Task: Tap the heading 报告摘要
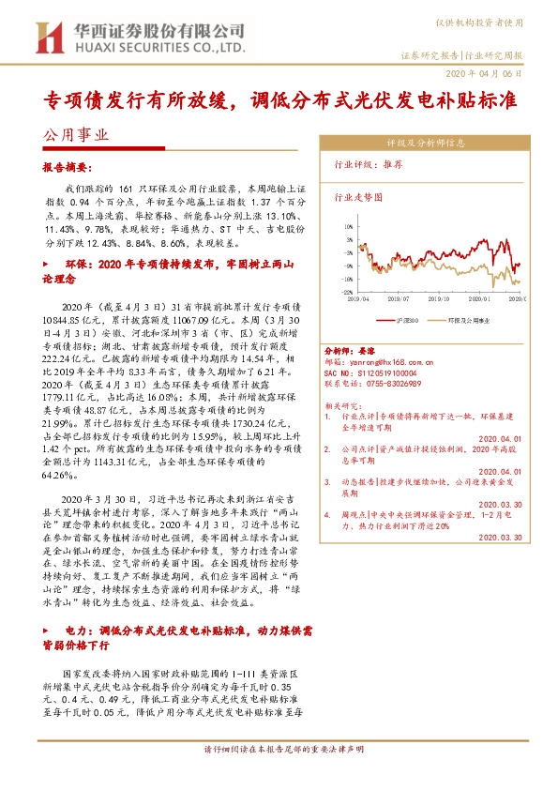click(x=68, y=164)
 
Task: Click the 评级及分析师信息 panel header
click(x=425, y=144)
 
